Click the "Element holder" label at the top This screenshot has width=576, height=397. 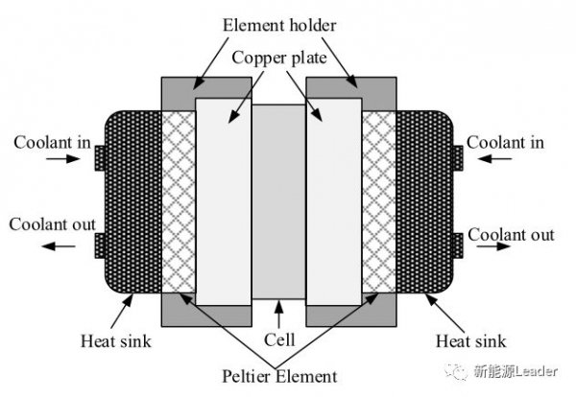tap(279, 25)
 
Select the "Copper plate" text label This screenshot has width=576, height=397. tap(279, 58)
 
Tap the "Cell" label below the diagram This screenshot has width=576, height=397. tap(279, 339)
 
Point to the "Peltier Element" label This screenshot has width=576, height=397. tap(279, 377)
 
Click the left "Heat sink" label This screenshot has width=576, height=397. tap(116, 340)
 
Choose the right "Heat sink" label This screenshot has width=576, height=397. tap(471, 340)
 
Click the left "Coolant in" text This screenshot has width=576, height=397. tap(52, 142)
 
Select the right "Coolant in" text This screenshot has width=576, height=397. tap(505, 142)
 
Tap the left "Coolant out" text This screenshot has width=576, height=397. tap(52, 224)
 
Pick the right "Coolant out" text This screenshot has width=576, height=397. tap(511, 235)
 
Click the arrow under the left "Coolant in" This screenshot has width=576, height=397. tap(62, 158)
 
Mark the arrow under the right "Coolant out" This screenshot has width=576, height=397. tap(493, 246)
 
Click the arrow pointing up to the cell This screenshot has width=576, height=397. tap(278, 315)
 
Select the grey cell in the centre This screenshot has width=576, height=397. tap(278, 201)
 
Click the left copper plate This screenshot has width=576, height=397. tap(224, 201)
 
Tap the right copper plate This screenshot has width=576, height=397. tap(334, 201)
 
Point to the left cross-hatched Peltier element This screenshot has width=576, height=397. tap(179, 201)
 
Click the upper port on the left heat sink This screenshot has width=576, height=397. tap(100, 158)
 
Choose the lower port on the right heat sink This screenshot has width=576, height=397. tap(458, 245)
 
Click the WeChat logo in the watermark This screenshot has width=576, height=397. tap(456, 371)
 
